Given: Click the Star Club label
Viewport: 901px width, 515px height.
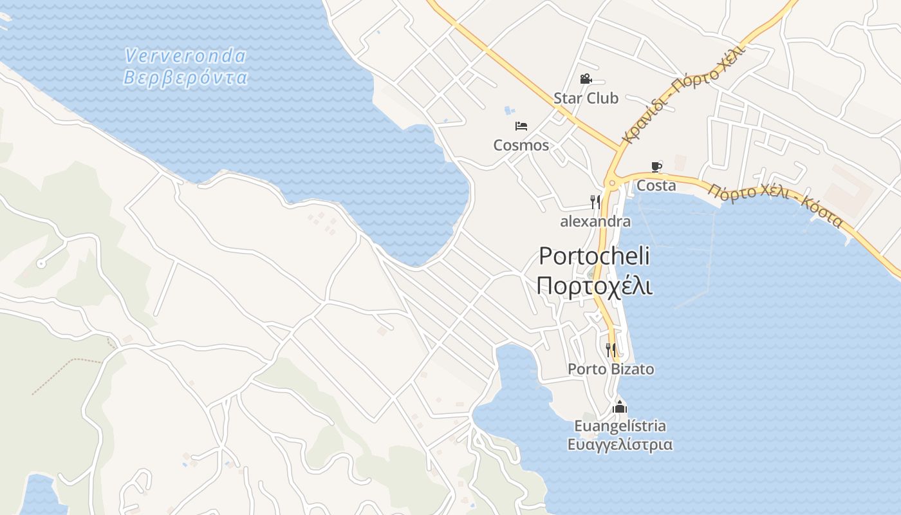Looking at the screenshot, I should coord(586,98).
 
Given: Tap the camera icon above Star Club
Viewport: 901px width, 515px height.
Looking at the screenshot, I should coord(586,79).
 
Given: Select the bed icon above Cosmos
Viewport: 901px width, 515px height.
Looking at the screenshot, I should coord(521,126).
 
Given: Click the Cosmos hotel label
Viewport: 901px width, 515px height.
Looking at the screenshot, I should coord(521,145).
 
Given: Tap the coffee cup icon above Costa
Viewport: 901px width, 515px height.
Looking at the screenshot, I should coord(656,167).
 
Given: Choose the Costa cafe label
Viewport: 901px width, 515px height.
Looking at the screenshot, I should coord(656,186).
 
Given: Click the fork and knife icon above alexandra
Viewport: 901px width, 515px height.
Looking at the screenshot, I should coord(595,202).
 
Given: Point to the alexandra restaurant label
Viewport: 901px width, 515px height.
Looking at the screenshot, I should coord(595,222).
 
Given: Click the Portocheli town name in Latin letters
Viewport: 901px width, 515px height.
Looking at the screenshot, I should coord(594,256).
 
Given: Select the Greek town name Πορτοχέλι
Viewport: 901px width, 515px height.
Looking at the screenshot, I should coord(594,285).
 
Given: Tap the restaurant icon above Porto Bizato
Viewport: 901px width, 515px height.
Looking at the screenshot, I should coord(611,350).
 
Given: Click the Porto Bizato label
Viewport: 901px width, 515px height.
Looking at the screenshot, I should coord(611,370).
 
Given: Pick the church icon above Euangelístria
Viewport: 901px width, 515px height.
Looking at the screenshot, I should coord(620,407).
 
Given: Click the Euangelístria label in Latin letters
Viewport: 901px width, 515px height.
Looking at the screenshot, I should coord(620,426).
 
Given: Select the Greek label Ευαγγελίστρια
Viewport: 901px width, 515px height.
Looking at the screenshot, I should coord(620,445).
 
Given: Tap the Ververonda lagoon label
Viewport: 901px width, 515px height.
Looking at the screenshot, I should coord(185,56).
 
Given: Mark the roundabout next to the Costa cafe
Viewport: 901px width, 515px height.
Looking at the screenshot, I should coord(612,183).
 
